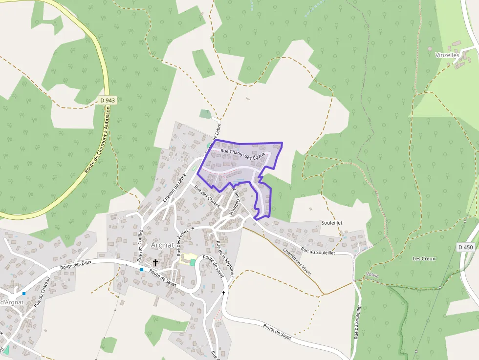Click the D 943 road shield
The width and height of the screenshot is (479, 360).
pos(107,100)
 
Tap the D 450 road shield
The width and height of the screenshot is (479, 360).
pos(466,248)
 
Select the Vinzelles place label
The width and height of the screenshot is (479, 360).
pos(447,55)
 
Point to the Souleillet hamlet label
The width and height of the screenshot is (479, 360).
pos(332,223)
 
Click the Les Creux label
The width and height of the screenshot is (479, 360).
pos(423,258)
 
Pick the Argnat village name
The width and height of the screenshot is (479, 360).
pos(164,245)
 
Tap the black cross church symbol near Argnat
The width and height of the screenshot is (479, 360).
pos(155,263)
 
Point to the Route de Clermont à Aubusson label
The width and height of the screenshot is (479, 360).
pos(98,140)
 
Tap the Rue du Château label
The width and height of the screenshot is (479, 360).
pos(43,292)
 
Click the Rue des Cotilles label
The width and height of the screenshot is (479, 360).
pos(141,244)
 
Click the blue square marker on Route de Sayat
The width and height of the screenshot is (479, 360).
pos(142,270)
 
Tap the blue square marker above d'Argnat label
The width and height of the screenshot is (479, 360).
pos(23,294)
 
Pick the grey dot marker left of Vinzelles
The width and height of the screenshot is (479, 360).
pos(430,49)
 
